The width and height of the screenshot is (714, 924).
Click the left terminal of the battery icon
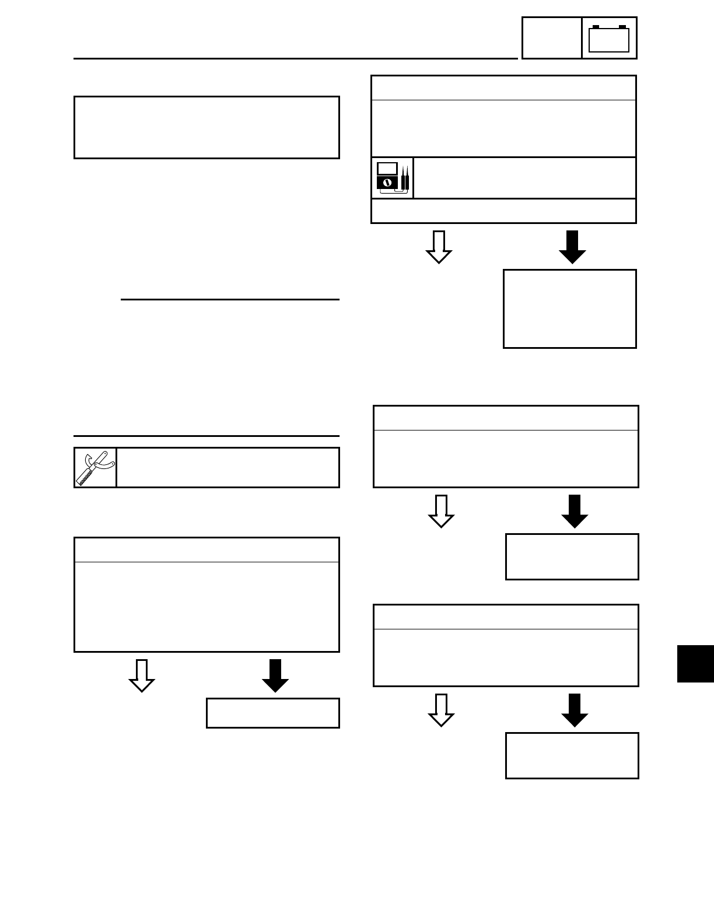pos(595,27)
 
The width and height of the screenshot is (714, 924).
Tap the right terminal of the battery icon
pos(622,27)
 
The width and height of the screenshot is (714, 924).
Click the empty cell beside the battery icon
pos(551,38)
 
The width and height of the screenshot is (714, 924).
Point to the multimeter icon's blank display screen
pos(387,169)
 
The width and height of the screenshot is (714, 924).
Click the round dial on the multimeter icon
pos(386,183)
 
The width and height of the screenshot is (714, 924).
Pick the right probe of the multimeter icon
pos(406,178)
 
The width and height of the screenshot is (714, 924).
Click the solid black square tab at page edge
pos(695,663)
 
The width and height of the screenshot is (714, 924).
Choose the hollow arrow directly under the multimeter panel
pos(439,247)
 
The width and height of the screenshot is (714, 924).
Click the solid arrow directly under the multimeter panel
pos(572,247)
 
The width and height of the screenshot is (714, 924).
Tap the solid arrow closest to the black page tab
pos(575,710)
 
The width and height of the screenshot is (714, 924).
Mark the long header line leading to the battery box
pos(295,58)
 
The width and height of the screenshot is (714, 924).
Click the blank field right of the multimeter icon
pos(524,178)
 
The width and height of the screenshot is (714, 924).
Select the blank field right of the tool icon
pos(228,467)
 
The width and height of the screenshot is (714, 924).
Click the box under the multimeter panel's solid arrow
pos(569,309)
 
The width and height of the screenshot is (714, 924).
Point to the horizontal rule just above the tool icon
pos(206,436)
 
